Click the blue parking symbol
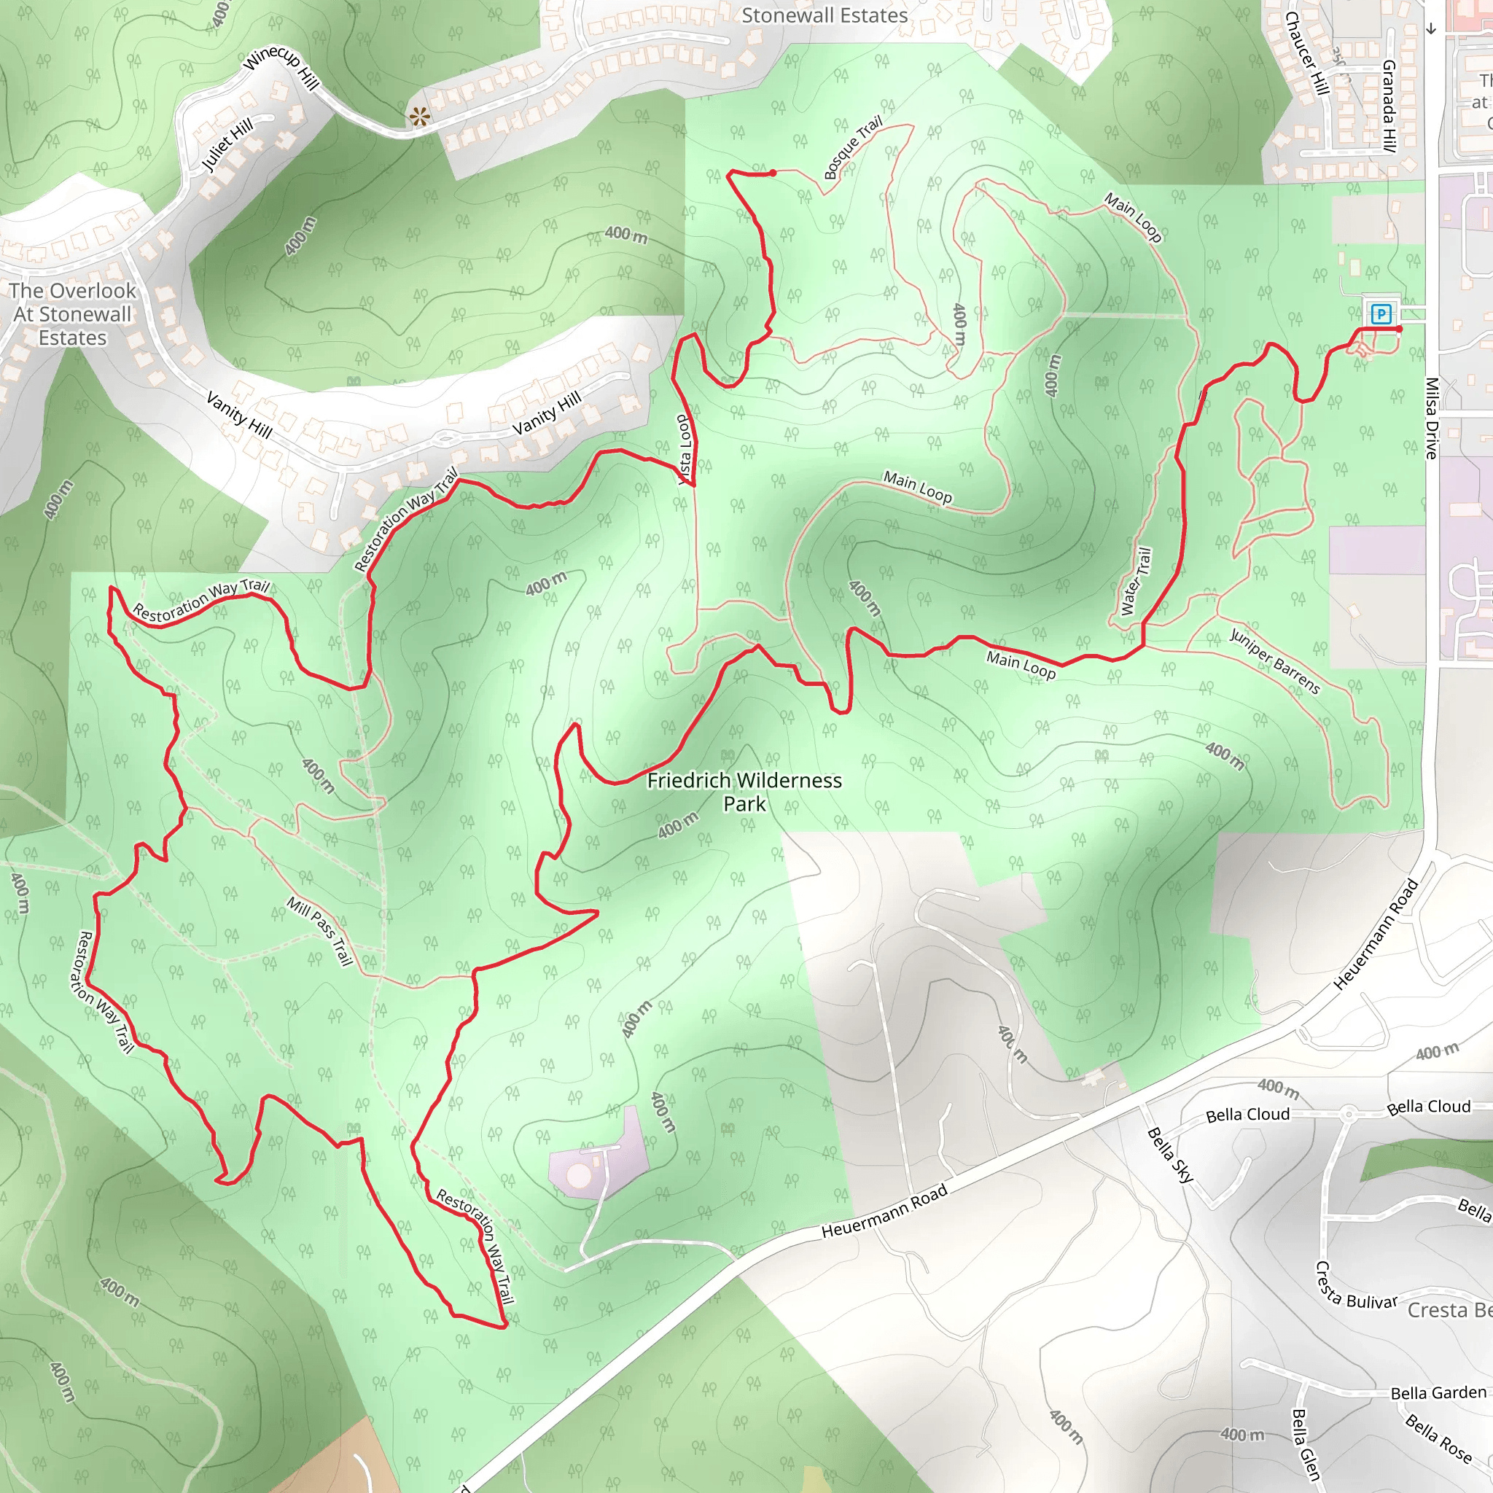point(1381,313)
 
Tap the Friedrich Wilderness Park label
point(744,792)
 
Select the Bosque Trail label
point(852,147)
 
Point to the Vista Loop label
point(684,450)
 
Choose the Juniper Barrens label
point(1274,661)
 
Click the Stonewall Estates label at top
point(824,15)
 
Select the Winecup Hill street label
point(281,68)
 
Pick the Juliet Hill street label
point(227,145)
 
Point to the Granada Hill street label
point(1389,105)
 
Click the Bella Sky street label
point(1170,1155)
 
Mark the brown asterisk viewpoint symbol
point(420,117)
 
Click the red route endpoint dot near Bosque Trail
point(773,173)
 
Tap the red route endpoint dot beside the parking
point(1400,330)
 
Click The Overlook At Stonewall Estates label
point(73,313)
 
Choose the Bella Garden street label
point(1438,1393)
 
